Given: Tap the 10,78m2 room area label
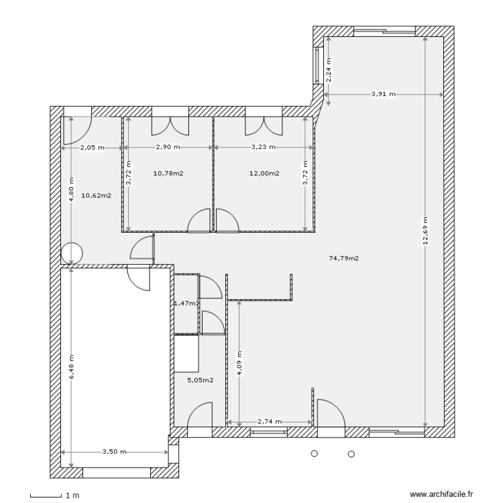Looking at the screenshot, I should pyautogui.click(x=168, y=173).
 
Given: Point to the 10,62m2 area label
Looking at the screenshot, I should pyautogui.click(x=96, y=196).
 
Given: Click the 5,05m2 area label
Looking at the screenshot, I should pyautogui.click(x=200, y=380).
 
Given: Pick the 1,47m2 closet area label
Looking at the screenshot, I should pyautogui.click(x=186, y=303).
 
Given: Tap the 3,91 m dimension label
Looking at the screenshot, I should pyautogui.click(x=383, y=95).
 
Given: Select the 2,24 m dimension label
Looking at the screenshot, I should pyautogui.click(x=328, y=70).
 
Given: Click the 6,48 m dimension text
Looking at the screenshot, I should pyautogui.click(x=70, y=368).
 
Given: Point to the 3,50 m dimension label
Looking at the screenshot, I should pyautogui.click(x=114, y=452).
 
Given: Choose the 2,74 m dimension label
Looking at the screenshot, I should pyautogui.click(x=269, y=422).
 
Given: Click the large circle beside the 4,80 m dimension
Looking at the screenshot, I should pyautogui.click(x=71, y=253).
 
